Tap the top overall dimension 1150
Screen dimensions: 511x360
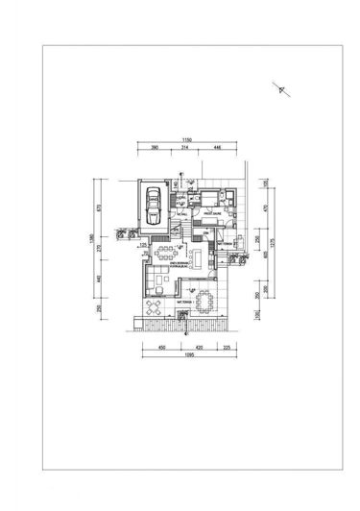coord(186,141)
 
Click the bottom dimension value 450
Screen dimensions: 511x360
coord(162,347)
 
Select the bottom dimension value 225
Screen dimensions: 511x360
coord(227,347)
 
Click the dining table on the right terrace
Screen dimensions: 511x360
coord(204,302)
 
